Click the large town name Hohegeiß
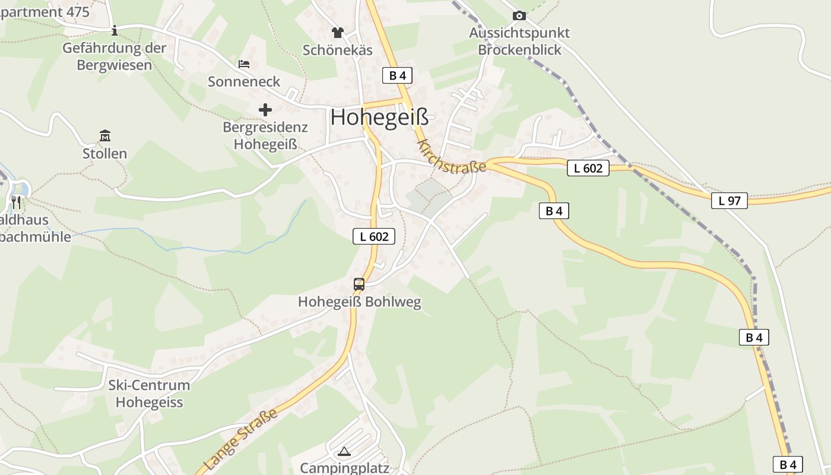[379, 117]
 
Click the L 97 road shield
[729, 201]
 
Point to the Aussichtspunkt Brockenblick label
[519, 41]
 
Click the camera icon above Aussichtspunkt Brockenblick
[519, 16]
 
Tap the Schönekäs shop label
[338, 50]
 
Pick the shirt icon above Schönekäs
[338, 32]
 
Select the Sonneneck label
[244, 81]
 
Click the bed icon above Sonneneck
[244, 64]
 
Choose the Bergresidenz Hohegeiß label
[265, 135]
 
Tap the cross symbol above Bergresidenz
[265, 110]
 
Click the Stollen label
[105, 154]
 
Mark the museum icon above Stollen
[105, 136]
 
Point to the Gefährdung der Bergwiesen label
[115, 56]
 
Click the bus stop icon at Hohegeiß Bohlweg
[359, 284]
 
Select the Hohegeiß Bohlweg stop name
[359, 302]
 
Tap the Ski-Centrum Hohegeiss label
[149, 394]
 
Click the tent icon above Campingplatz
[344, 451]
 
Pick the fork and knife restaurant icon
[16, 203]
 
